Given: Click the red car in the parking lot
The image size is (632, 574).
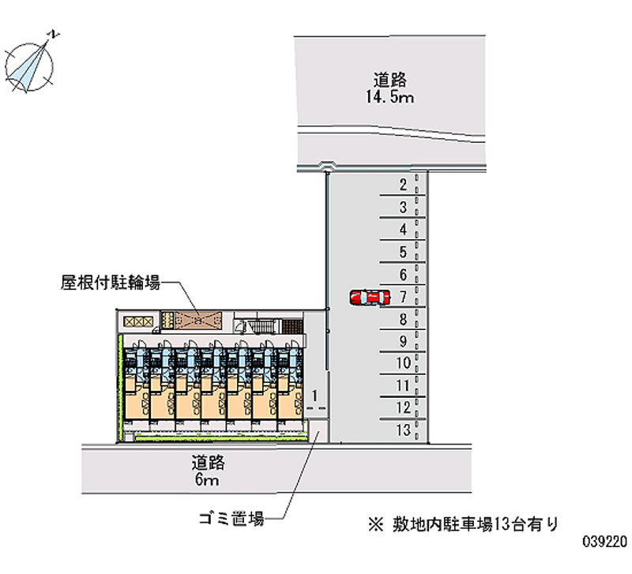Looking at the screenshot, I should click(x=370, y=297).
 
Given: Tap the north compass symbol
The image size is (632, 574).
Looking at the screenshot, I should click(x=32, y=62).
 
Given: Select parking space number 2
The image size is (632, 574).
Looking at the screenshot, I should click(x=403, y=186).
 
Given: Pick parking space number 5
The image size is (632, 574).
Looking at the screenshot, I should click(x=403, y=253).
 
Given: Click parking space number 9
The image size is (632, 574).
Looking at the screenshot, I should click(x=403, y=342).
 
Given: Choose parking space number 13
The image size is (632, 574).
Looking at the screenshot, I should click(x=403, y=430).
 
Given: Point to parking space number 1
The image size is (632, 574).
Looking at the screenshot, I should click(x=314, y=394).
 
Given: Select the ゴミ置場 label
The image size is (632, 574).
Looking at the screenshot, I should click(x=231, y=519).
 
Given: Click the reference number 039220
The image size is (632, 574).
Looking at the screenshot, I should click(x=604, y=544).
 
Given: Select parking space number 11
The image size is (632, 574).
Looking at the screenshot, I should click(x=403, y=386).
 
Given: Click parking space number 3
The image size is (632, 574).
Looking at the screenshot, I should click(x=403, y=208).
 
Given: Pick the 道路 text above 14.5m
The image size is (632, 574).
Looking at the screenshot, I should click(x=390, y=80).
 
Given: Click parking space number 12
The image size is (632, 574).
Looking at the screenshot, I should click(x=403, y=408).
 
